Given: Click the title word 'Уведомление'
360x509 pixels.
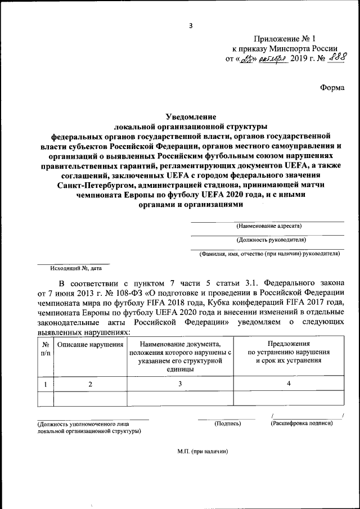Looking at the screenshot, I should coord(190,117).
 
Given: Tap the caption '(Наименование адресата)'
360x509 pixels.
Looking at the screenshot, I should coord(260,226).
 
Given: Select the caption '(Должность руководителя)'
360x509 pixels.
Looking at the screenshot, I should coord(263,240).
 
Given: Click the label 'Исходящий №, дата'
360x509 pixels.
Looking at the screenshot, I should coord(73,268).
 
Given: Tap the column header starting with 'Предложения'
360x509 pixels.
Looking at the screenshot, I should coord(289,352).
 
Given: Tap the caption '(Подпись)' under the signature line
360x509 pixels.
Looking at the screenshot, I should coord(228,423).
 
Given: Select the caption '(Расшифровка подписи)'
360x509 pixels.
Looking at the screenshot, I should coord(301,423).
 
